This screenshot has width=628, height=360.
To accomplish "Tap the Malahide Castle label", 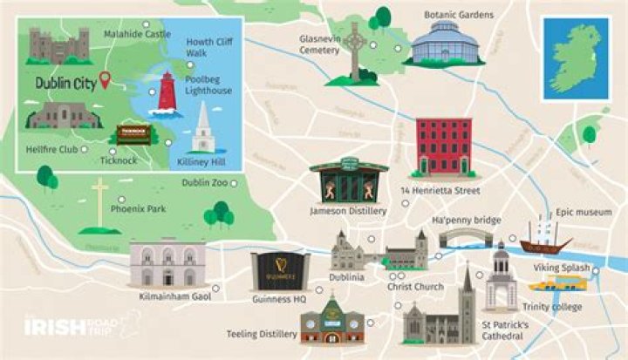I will [137, 34].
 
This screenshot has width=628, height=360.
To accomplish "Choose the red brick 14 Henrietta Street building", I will [442, 147].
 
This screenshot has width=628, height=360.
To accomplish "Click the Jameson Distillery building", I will [348, 181].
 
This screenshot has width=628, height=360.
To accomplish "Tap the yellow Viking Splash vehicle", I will [556, 283].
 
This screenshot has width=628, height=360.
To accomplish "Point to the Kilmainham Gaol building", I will [167, 262].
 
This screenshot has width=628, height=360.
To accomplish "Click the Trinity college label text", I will [551, 307].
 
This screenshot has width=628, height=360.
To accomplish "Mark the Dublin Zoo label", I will [205, 182].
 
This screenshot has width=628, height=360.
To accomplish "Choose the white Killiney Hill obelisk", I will [203, 130].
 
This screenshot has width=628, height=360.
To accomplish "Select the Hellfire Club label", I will [52, 149].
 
